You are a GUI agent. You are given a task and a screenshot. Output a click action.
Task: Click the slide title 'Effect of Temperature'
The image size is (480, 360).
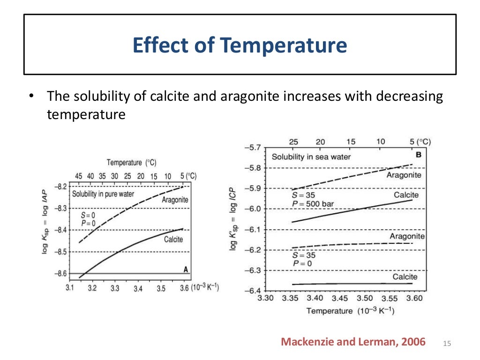click(240, 45)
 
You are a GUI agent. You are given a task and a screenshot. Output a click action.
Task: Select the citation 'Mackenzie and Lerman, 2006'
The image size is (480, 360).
click(353, 342)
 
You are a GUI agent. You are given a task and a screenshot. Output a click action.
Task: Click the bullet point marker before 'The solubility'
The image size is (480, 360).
click(31, 97)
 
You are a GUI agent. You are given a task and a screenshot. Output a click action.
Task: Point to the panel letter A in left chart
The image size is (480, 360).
click(186, 269)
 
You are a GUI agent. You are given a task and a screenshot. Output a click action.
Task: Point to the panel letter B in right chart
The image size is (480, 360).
click(418, 154)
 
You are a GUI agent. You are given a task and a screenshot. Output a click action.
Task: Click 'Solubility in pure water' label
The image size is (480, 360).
click(103, 194)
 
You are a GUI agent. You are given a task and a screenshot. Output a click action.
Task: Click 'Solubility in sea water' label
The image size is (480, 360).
click(311, 157)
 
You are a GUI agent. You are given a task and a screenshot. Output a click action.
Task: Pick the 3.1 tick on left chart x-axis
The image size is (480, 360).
click(69, 288)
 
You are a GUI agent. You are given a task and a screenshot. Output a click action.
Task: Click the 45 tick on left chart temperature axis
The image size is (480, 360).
click(79, 176)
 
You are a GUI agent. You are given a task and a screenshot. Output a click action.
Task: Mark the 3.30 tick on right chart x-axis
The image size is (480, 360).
click(265, 298)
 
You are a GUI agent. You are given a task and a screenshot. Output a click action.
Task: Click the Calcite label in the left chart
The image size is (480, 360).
click(173, 240)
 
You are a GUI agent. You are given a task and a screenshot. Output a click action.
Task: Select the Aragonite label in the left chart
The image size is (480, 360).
click(175, 200)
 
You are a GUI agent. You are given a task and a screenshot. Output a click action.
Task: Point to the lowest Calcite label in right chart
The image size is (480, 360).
click(405, 277)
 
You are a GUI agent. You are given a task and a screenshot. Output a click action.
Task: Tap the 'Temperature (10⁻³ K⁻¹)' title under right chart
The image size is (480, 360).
click(350, 311)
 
